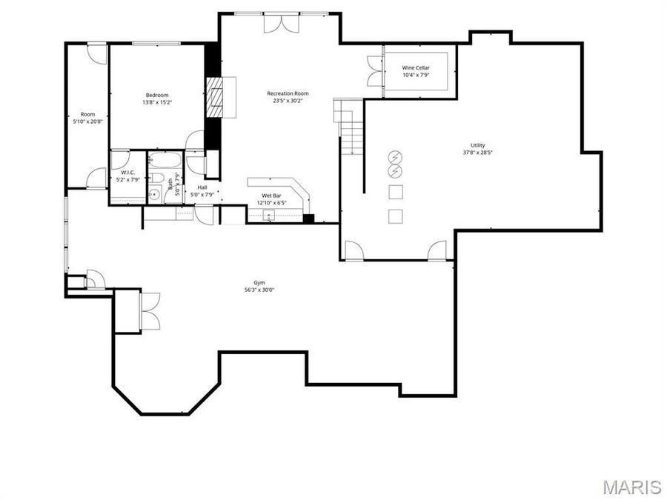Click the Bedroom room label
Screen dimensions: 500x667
(157, 95)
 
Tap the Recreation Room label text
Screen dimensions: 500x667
(288, 93)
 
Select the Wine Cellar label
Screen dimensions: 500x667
(416, 67)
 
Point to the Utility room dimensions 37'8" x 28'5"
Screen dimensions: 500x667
(477, 153)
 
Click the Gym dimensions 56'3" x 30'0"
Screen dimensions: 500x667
(259, 290)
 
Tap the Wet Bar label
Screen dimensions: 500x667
(271, 196)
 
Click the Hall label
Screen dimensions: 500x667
(202, 187)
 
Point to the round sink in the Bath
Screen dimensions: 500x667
(153, 195)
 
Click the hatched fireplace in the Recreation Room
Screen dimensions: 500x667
(216, 96)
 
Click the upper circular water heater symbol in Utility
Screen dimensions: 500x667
(395, 157)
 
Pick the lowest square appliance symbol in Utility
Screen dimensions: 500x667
(396, 216)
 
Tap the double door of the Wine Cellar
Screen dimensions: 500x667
(374, 70)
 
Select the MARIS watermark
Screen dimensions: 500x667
(631, 487)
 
